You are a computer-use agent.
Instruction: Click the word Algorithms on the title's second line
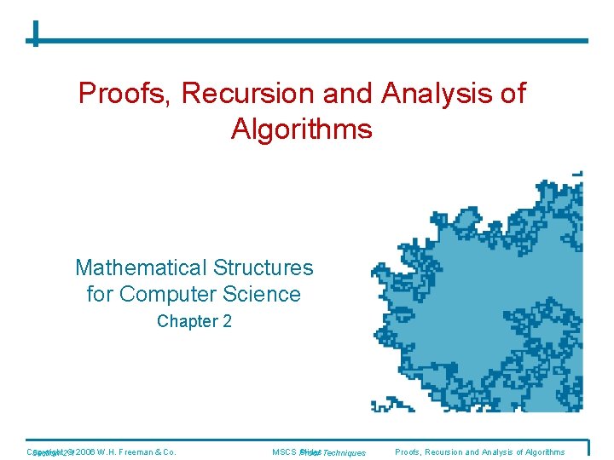(301, 129)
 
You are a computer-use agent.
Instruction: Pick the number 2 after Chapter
(227, 322)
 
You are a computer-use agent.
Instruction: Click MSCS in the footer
(284, 451)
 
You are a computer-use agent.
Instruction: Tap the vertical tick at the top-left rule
(35, 33)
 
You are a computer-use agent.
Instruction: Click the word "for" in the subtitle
(101, 295)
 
